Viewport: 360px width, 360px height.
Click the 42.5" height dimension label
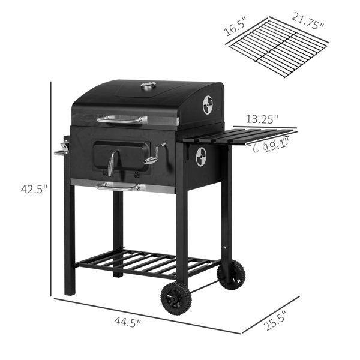coord(34,189)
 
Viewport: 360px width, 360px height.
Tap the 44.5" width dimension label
coord(128,322)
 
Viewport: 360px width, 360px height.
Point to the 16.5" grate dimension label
coord(236,26)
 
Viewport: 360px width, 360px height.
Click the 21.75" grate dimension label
coord(308,21)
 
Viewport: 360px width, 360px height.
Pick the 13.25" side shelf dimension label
coord(262,119)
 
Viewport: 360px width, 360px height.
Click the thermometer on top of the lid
coord(149,86)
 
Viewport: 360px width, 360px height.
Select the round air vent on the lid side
coord(208,105)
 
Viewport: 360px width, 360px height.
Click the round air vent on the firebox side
coord(201,157)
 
